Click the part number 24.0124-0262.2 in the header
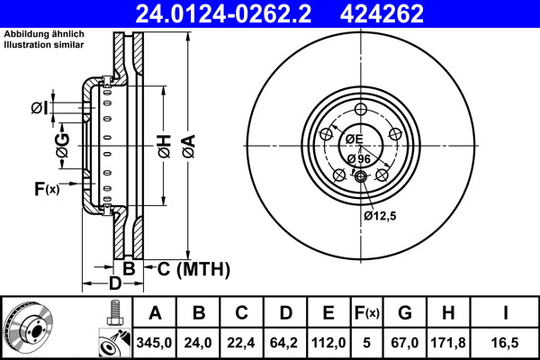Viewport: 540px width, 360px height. click(x=236, y=14)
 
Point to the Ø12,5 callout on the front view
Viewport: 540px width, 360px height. click(x=381, y=215)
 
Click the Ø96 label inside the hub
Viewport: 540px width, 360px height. click(x=358, y=159)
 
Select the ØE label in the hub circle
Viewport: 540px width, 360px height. click(x=353, y=139)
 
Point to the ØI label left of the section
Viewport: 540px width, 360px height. click(x=39, y=109)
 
